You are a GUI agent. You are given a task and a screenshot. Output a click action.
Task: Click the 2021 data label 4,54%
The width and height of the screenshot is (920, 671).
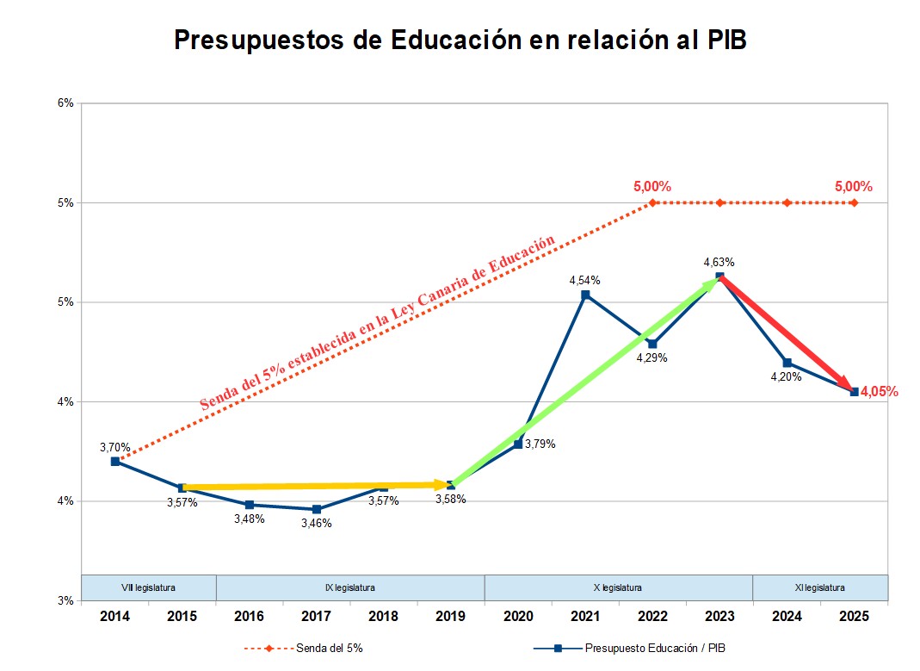point(584,280)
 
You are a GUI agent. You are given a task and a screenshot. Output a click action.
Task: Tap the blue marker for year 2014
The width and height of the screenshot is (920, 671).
point(114,462)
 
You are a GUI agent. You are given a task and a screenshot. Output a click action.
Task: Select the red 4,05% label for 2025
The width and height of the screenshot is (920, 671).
point(880,392)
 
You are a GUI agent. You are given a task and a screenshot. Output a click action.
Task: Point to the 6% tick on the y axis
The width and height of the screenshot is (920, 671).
point(66,103)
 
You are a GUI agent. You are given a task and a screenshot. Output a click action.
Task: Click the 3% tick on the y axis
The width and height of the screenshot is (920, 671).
point(66,600)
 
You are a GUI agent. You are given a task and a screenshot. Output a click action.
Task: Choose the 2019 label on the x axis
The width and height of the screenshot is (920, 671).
point(450,617)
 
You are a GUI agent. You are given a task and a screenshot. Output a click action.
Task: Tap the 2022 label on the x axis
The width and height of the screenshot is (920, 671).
point(652,617)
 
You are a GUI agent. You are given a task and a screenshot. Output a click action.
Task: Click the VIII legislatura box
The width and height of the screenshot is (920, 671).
point(148,587)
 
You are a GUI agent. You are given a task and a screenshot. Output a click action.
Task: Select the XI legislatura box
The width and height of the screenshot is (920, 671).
point(820,587)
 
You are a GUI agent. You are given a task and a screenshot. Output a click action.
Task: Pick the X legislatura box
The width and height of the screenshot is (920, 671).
point(618,587)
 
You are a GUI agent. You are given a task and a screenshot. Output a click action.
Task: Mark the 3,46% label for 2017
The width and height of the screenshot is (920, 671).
point(316,523)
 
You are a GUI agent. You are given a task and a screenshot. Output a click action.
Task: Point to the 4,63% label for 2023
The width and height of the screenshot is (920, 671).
point(719,262)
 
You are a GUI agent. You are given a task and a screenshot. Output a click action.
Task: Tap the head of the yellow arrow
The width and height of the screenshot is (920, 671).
point(446,485)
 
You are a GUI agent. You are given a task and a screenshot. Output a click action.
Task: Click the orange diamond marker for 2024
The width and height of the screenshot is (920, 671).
point(787,203)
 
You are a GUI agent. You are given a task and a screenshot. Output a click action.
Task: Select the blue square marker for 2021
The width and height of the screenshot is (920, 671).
point(585,295)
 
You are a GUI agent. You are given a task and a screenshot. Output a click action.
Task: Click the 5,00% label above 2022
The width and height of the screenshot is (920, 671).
point(652,186)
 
